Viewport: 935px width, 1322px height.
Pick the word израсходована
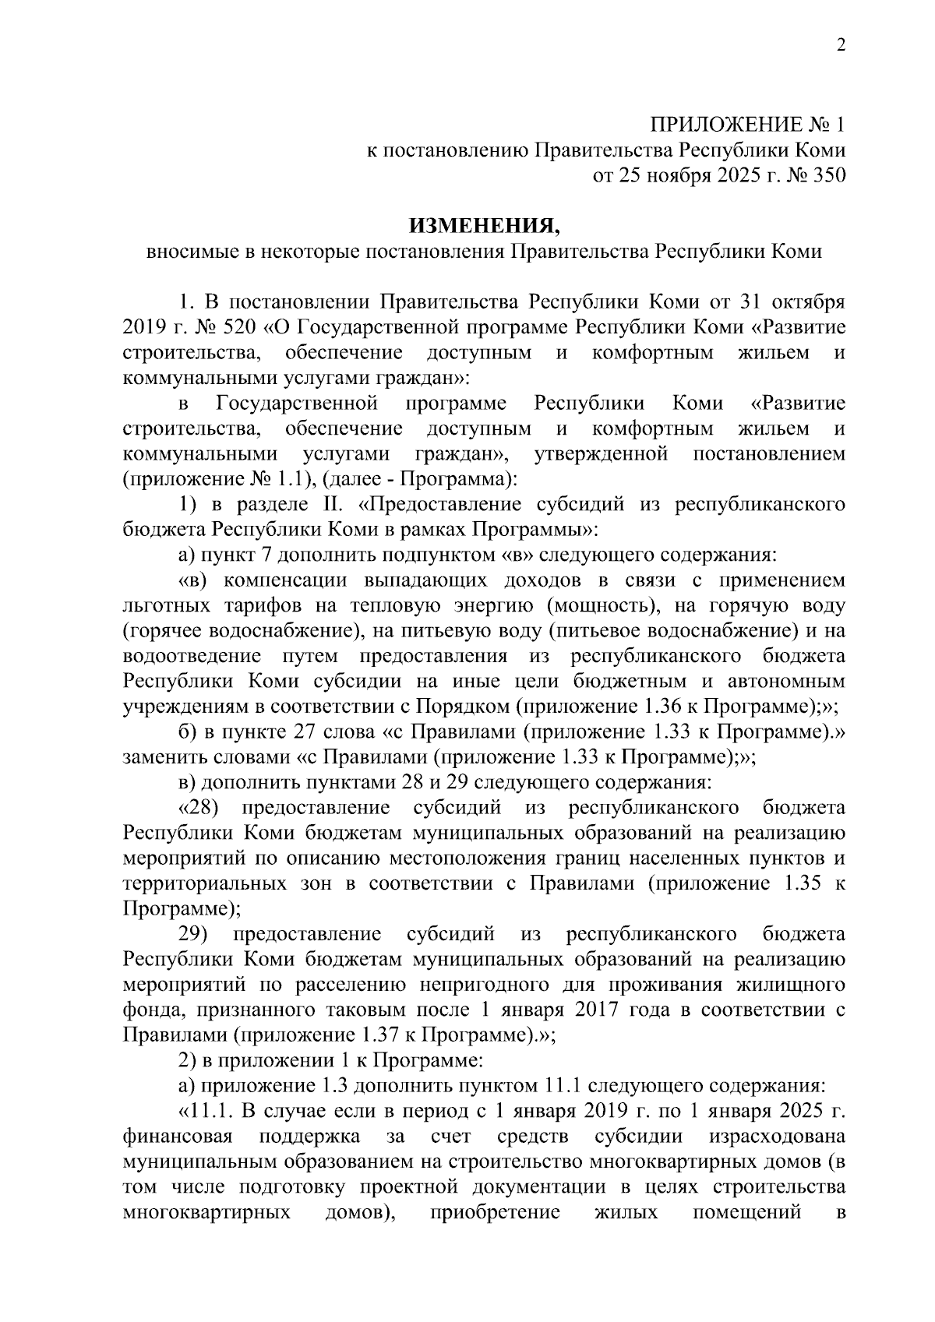[x=777, y=1136]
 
